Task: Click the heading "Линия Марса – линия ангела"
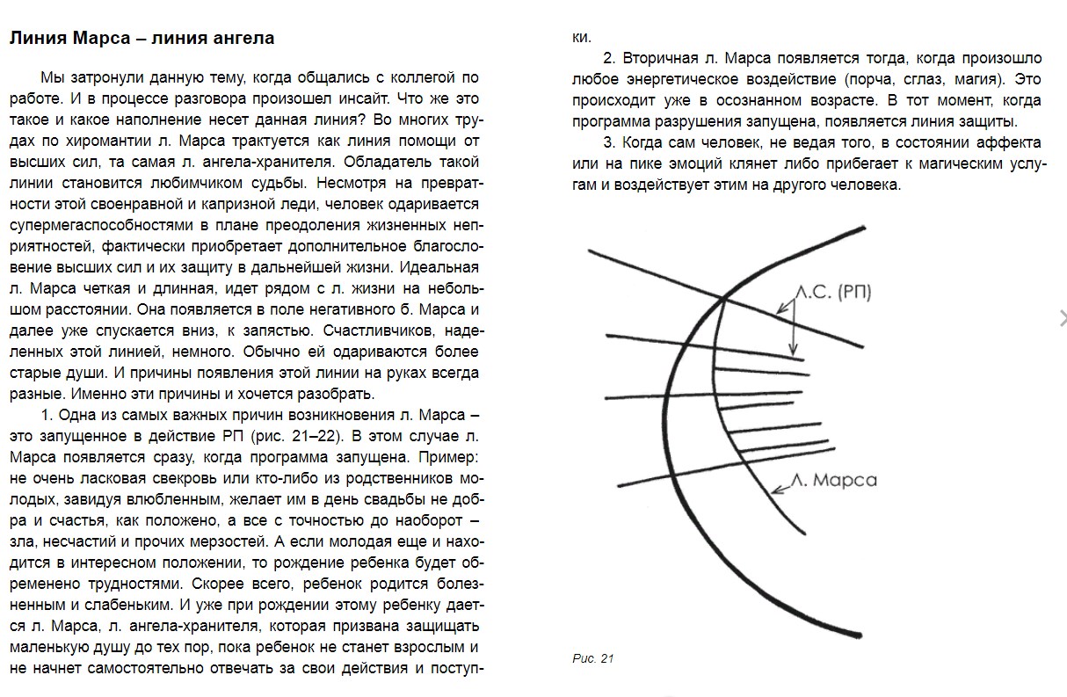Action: (142, 39)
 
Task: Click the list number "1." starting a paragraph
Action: (47, 415)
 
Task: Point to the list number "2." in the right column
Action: (609, 58)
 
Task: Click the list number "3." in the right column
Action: (609, 142)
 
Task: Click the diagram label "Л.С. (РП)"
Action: (832, 292)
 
